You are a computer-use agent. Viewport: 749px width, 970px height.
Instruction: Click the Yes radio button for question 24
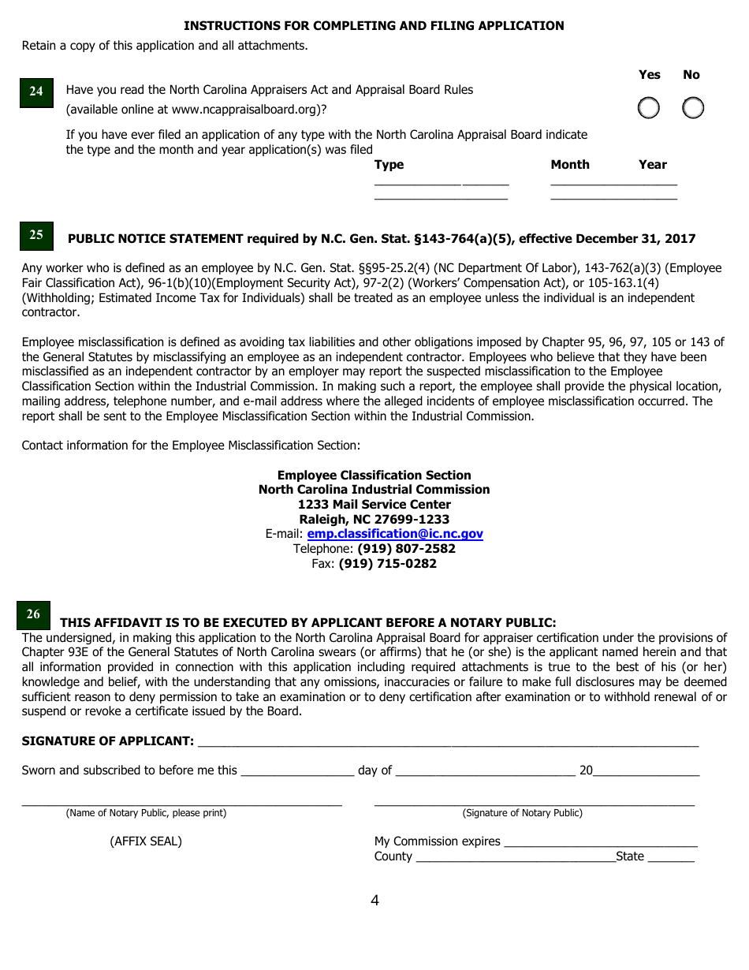coord(648,108)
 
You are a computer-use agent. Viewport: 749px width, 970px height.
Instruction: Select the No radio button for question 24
coord(692,108)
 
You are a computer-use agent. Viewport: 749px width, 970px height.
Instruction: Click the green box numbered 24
coord(36,91)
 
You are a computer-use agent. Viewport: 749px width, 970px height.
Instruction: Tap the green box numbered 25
coord(36,235)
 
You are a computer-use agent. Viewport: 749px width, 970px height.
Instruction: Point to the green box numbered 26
coord(33,614)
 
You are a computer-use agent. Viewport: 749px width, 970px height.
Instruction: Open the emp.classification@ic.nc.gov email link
coord(394,534)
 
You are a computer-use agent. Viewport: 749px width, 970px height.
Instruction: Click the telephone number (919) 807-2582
coord(406,549)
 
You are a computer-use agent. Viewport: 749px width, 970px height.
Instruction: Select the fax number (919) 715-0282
coord(387,564)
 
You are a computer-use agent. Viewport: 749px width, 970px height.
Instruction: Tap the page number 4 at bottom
coord(374,901)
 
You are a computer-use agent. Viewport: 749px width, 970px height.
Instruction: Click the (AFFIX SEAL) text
coord(146,841)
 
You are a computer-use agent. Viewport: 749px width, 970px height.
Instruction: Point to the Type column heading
coord(389,165)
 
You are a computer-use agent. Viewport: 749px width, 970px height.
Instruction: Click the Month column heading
coord(570,165)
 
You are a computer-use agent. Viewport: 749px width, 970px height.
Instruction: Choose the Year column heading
coord(653,165)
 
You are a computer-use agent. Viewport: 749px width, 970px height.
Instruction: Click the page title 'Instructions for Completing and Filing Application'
coord(374,26)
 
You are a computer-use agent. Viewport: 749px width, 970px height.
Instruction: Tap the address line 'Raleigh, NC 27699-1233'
coord(374,520)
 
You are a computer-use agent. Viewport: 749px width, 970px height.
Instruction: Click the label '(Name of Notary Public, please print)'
coord(146,813)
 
